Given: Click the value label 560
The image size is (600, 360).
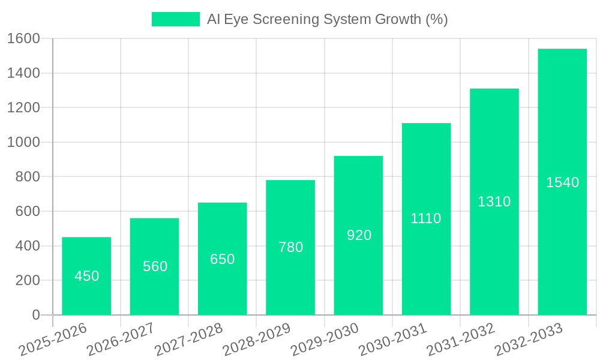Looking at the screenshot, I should [155, 266].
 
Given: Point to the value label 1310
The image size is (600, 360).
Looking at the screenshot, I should [494, 202].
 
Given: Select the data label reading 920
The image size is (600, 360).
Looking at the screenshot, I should [359, 235].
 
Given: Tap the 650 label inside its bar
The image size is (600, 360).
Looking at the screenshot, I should [222, 259].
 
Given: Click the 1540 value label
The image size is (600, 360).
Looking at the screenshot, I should [562, 182].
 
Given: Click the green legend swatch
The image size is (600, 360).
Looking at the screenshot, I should [175, 19].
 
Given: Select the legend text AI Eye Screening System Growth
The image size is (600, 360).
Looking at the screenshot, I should [327, 19].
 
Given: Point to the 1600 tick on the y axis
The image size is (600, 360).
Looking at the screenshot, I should [23, 38].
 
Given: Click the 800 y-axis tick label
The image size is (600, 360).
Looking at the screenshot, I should [27, 177].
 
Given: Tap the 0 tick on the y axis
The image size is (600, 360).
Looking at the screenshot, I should [35, 315].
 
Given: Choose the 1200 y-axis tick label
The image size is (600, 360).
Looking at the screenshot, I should [23, 108].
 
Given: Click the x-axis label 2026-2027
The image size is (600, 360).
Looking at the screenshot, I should [120, 340].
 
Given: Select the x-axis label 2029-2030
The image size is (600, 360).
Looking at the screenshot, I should [324, 340].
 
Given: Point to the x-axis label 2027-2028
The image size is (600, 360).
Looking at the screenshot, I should [188, 340].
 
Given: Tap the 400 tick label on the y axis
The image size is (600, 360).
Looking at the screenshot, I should [27, 246].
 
